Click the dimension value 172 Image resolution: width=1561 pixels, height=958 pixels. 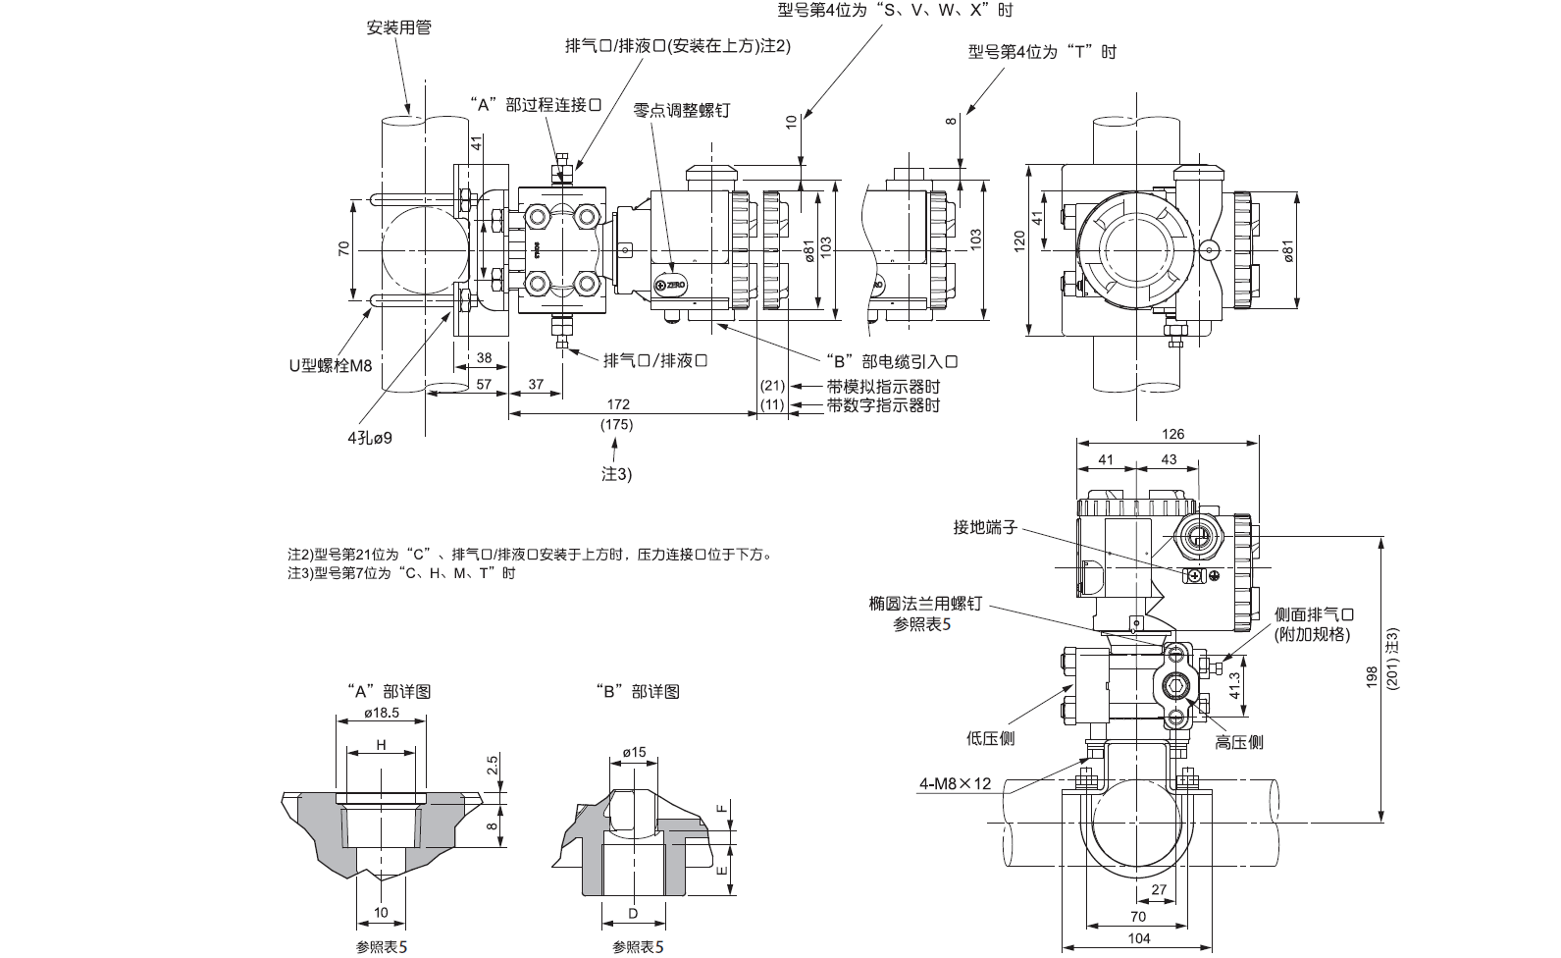click(618, 404)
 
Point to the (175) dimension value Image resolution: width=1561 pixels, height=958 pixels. click(616, 424)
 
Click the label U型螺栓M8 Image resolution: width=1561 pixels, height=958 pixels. click(331, 365)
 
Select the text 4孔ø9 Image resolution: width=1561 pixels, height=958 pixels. click(369, 438)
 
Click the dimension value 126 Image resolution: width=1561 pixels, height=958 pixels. click(1171, 434)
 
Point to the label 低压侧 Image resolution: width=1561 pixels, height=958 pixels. click(990, 738)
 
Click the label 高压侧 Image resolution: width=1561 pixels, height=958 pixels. click(1239, 742)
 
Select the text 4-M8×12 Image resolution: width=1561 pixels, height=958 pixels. click(956, 783)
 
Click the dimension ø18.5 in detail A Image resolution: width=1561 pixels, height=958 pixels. click(382, 714)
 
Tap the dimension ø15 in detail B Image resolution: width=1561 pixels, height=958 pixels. click(634, 752)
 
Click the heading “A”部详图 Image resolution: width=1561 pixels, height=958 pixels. click(390, 690)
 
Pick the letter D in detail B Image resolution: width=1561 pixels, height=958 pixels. click(633, 913)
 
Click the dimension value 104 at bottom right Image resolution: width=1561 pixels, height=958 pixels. click(1139, 938)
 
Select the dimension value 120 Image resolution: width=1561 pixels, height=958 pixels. click(1018, 240)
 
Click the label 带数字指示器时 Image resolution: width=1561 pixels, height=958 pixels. click(883, 404)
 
